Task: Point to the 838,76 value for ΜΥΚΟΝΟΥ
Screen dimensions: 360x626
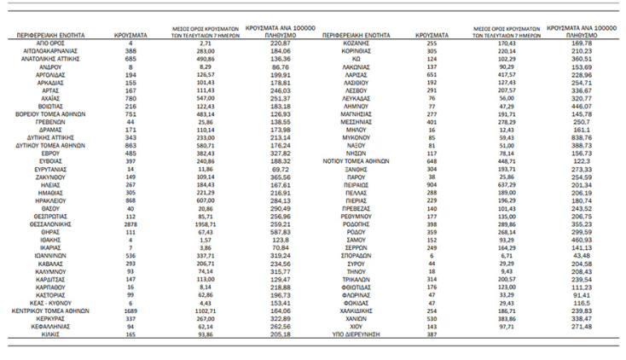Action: (x=583, y=137)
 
